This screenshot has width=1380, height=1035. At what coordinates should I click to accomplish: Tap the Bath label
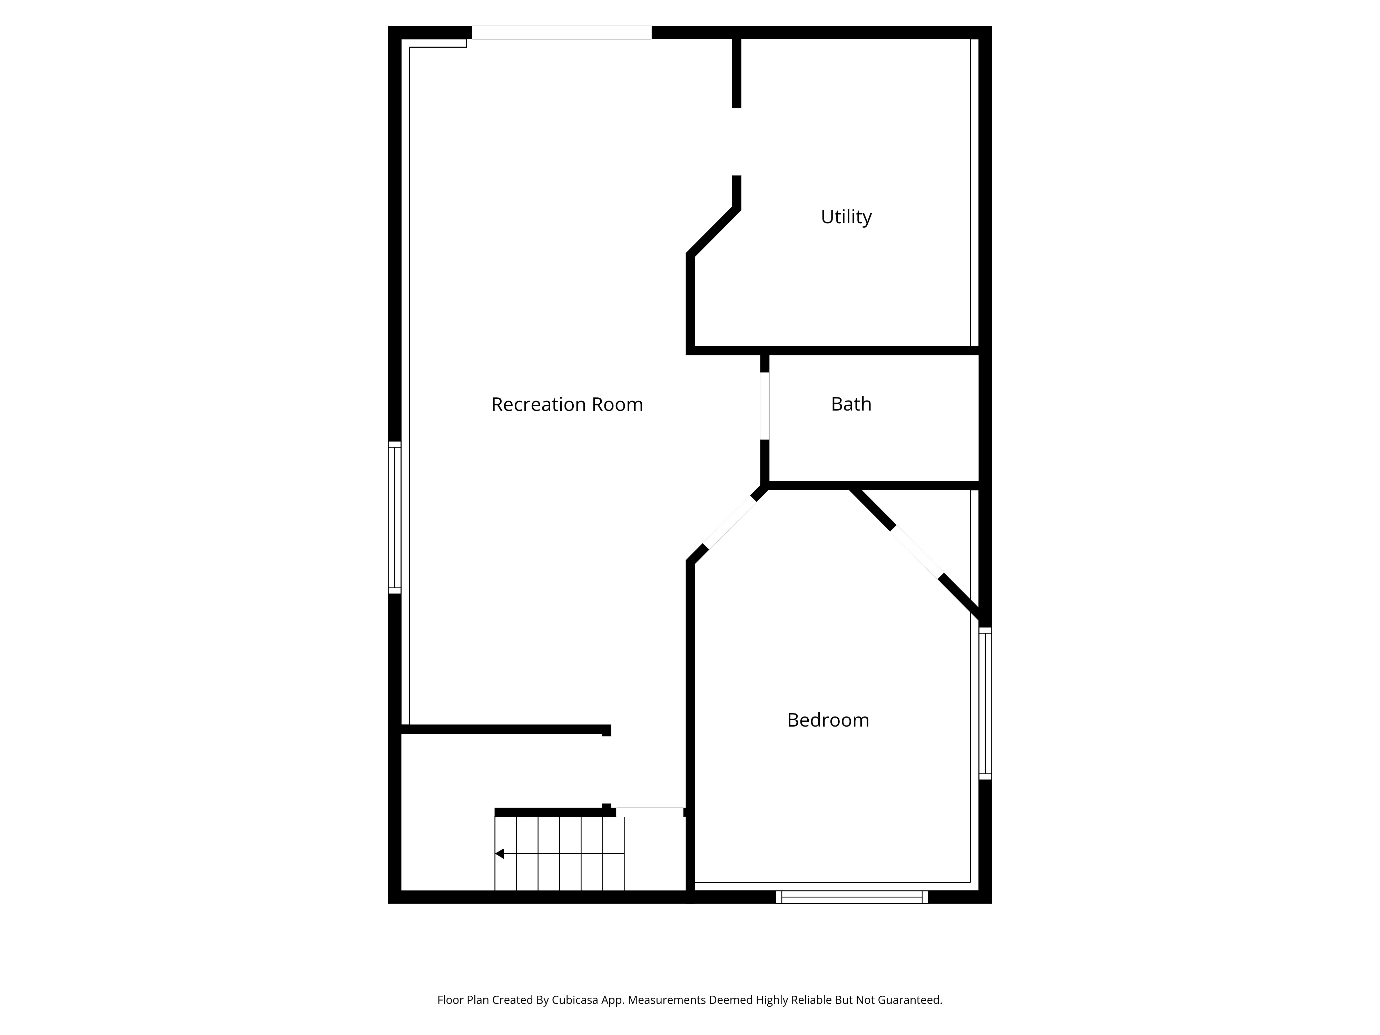[x=851, y=404]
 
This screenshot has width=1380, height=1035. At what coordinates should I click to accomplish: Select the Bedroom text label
[x=828, y=720]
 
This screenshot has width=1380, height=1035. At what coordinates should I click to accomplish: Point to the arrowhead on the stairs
[x=499, y=854]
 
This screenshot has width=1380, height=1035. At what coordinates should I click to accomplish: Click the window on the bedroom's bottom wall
[x=851, y=897]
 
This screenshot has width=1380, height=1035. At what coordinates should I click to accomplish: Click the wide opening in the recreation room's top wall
[x=561, y=32]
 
